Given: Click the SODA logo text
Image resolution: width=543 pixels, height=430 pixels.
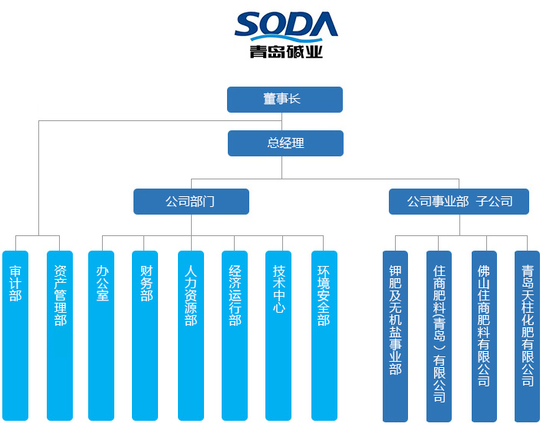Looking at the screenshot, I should [x=286, y=25].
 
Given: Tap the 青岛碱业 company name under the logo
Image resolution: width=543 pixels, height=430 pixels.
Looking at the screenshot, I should [x=286, y=52].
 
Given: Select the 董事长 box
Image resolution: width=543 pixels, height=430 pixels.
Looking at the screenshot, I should [x=285, y=100].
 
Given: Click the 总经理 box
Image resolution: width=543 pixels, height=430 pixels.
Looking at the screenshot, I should [x=285, y=143].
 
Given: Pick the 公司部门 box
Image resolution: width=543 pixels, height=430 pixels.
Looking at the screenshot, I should [x=191, y=202].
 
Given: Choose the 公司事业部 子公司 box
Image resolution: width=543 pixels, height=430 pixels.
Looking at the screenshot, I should [x=459, y=202].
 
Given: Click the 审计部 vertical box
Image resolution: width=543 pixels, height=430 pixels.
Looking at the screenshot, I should [x=15, y=335].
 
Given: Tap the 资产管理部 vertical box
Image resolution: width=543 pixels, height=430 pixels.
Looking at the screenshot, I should [x=60, y=335].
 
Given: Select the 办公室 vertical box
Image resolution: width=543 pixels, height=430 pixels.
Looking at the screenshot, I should [x=101, y=335].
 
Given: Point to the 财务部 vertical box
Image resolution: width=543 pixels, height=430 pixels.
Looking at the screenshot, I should [x=145, y=335].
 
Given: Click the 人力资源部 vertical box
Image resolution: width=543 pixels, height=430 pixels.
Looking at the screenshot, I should [x=191, y=335].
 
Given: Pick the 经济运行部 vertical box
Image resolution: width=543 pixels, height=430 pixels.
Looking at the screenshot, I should [x=235, y=335].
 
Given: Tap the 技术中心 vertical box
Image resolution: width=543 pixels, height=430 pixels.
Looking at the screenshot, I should [x=278, y=335].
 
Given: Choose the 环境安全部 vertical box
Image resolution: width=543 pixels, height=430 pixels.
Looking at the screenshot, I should [x=324, y=335].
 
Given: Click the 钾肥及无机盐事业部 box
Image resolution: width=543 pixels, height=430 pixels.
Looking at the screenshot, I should [x=395, y=336].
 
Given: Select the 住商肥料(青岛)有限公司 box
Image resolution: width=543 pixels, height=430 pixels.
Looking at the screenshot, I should [x=439, y=336].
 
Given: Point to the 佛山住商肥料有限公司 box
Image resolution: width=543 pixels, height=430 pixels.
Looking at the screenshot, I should [x=483, y=336].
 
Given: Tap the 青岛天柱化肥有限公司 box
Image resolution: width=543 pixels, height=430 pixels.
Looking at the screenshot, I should [x=527, y=336].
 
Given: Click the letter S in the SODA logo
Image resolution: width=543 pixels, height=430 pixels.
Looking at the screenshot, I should [x=250, y=25].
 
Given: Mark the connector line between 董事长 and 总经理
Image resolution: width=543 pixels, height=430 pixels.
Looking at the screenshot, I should [x=283, y=122].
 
